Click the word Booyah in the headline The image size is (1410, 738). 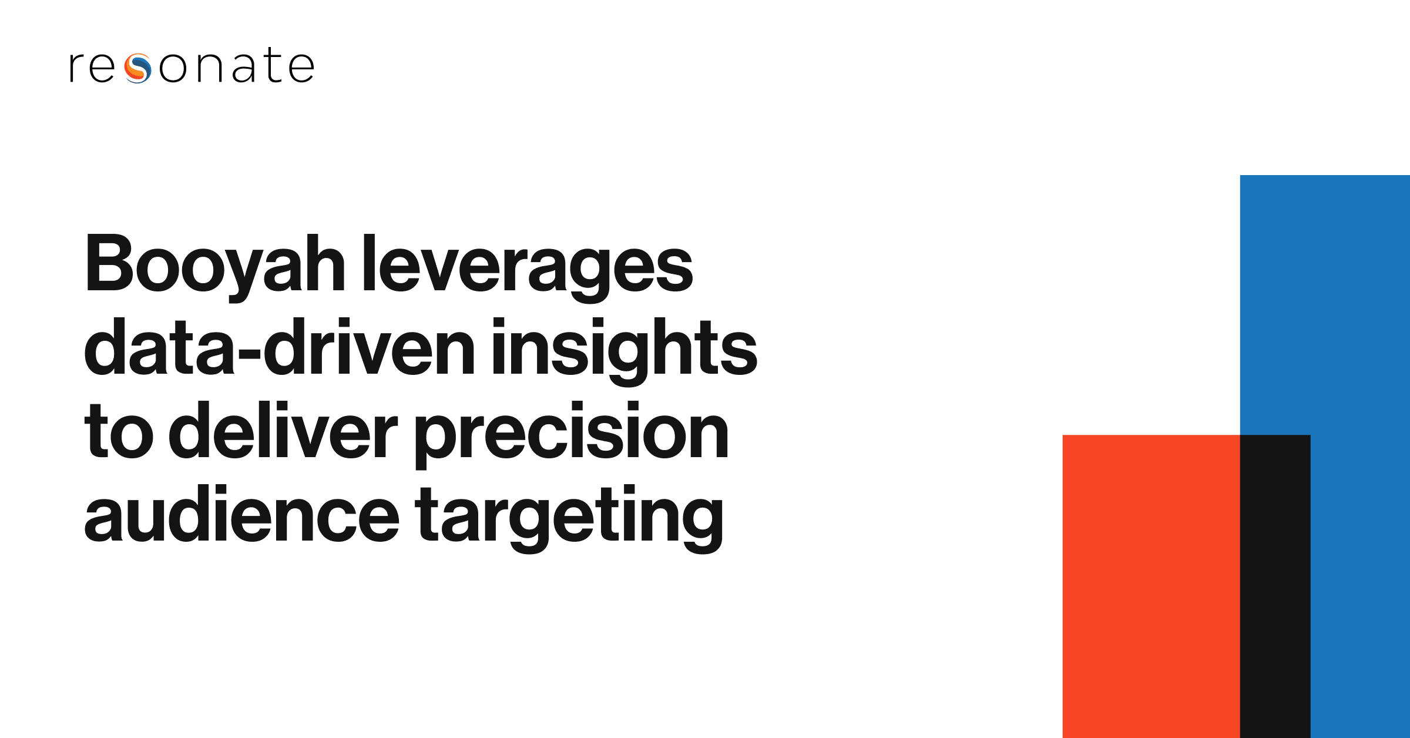(x=215, y=268)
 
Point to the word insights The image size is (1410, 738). (x=625, y=351)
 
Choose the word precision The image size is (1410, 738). (x=572, y=435)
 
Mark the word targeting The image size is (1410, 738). (x=569, y=519)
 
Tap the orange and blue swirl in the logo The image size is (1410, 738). (x=138, y=68)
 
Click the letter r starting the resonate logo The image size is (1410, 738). (x=77, y=68)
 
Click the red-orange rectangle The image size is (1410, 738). (x=1151, y=586)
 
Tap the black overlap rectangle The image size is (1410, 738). (x=1275, y=586)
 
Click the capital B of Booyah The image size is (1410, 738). (x=110, y=263)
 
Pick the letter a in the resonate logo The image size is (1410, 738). (x=244, y=68)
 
